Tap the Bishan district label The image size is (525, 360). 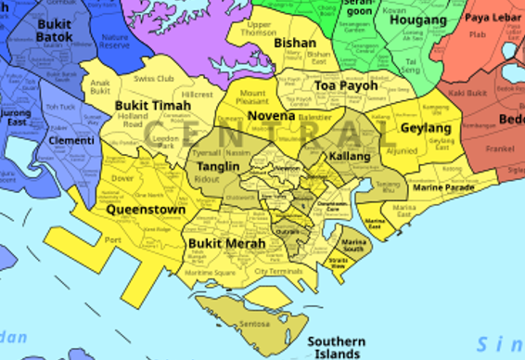[x=296, y=43]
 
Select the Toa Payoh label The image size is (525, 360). [x=347, y=85]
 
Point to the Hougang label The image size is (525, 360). [x=418, y=19]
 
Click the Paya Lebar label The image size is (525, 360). [x=491, y=18]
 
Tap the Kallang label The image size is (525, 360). [x=350, y=156]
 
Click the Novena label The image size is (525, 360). [x=271, y=116]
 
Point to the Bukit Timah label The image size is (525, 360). [x=153, y=106]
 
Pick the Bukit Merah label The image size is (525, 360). [x=226, y=243]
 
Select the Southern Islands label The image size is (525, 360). [x=337, y=347]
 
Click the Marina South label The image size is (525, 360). [x=353, y=245]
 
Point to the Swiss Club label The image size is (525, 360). [x=154, y=79]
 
